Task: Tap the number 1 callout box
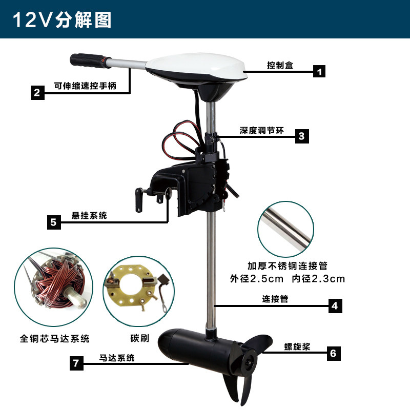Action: [x=319, y=71]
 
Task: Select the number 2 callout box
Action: [x=36, y=93]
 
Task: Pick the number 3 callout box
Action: [x=301, y=136]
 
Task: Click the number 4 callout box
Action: [x=334, y=306]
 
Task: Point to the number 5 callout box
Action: [x=54, y=222]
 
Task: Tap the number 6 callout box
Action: [x=333, y=353]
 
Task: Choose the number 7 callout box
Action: [x=76, y=363]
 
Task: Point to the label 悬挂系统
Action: [x=89, y=216]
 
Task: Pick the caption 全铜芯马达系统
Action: [x=55, y=339]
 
